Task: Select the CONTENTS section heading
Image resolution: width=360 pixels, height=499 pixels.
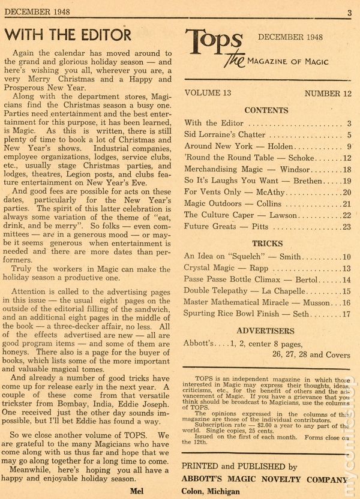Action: point(266,110)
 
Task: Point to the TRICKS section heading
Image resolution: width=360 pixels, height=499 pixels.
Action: point(267,244)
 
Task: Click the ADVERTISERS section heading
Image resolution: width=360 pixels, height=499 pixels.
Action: point(265,330)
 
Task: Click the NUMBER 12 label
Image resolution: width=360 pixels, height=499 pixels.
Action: point(328,93)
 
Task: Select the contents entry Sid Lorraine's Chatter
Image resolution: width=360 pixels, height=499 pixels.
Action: point(228,135)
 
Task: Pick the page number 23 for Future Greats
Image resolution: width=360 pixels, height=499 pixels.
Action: point(346,227)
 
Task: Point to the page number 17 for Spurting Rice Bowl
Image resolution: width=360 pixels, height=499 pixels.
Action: point(346,312)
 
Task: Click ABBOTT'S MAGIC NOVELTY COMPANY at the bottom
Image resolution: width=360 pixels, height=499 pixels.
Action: point(264,479)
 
